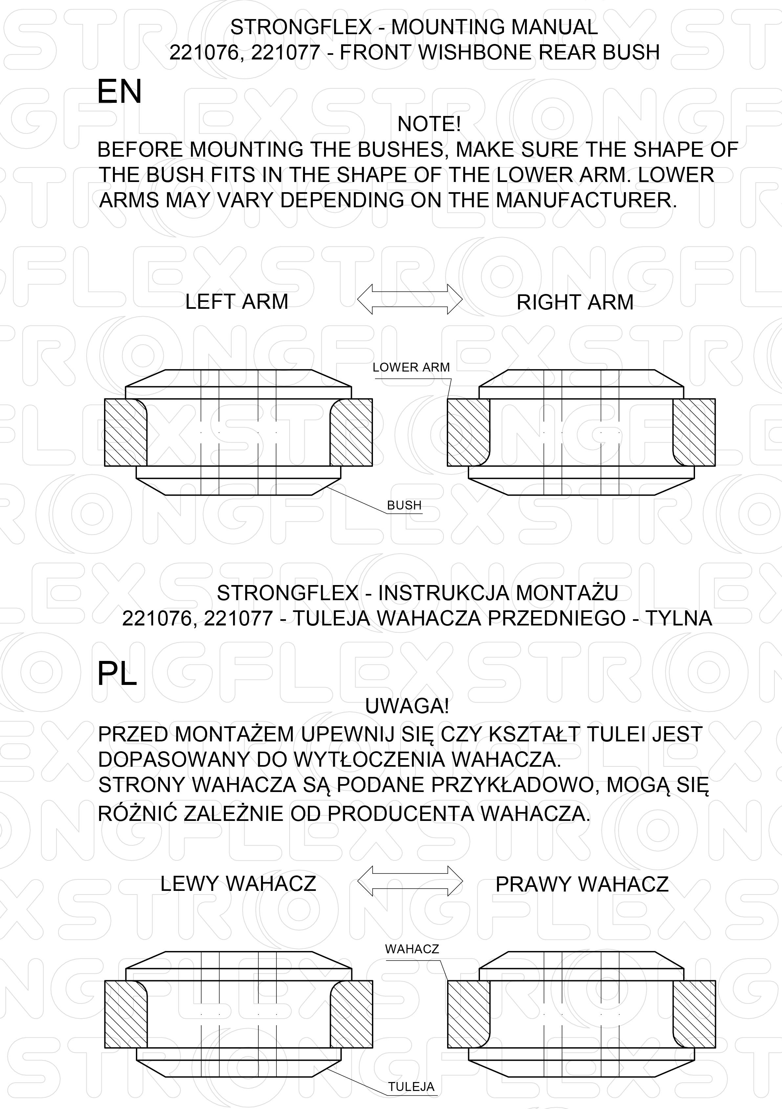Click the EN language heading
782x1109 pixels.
tap(119, 91)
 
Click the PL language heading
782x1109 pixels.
tap(117, 673)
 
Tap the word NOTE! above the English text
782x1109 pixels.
tap(429, 124)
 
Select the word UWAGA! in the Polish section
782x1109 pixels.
tap(407, 706)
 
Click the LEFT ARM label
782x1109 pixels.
tap(236, 302)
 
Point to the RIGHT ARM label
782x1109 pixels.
tap(575, 302)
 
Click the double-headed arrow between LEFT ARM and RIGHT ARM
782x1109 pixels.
tap(410, 300)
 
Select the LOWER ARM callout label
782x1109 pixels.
tap(411, 367)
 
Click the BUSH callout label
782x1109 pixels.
tap(404, 505)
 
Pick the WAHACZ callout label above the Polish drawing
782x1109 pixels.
tap(412, 949)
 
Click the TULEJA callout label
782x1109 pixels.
tap(411, 1086)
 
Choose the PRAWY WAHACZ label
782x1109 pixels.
tap(582, 884)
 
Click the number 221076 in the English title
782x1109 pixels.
tap(203, 52)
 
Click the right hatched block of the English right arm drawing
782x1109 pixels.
tap(694, 432)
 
